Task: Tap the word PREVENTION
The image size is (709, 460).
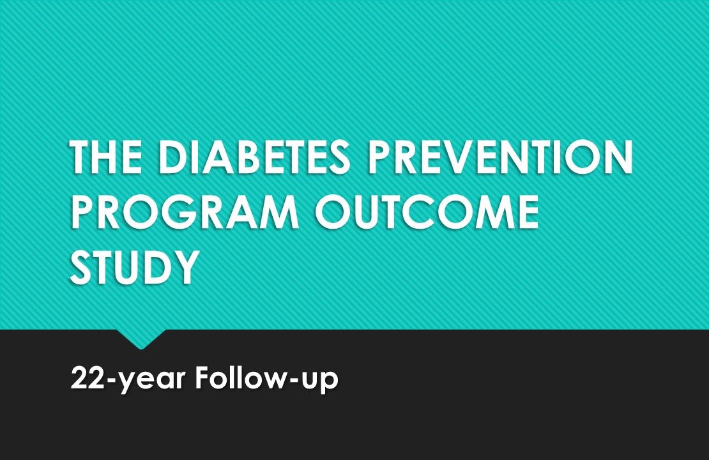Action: pos(500,158)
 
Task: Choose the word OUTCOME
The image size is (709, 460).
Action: pos(427,212)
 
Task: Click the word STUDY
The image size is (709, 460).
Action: pos(133,266)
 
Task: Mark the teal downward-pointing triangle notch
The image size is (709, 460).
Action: pos(141,337)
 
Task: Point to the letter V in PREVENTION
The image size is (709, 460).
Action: pos(464,158)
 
